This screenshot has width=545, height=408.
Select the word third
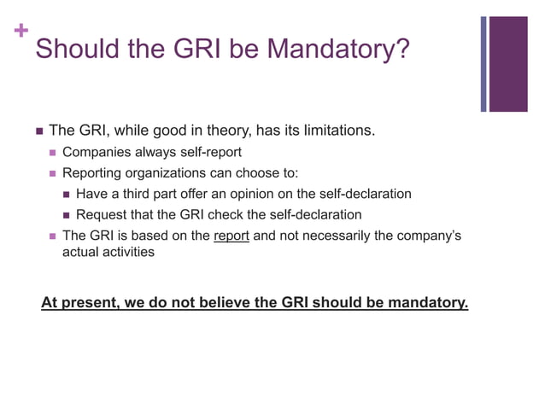coord(138,194)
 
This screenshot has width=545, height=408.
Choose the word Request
coord(103,214)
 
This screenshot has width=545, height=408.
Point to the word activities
coord(126,252)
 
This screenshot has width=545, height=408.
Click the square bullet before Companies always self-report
coord(52,154)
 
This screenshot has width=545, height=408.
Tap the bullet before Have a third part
coord(67,195)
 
